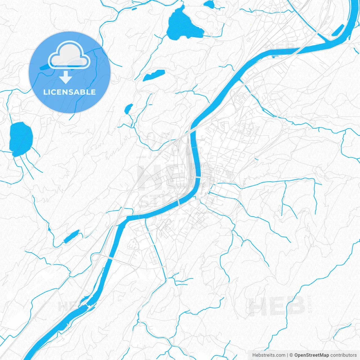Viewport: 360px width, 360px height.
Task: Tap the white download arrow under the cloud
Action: [66, 77]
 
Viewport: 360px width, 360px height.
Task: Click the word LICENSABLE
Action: [69, 92]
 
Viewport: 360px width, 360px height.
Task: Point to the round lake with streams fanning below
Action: [21, 139]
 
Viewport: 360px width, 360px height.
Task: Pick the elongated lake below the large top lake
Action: [154, 75]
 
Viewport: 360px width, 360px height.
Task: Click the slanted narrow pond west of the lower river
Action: [72, 236]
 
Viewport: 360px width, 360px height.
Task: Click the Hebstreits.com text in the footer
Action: [269, 355]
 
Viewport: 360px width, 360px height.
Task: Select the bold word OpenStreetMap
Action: [311, 355]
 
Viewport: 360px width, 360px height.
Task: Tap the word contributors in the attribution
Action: [343, 355]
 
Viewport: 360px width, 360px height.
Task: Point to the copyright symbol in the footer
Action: [291, 355]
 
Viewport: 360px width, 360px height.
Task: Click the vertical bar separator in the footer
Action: [287, 355]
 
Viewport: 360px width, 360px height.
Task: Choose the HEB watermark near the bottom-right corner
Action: [277, 306]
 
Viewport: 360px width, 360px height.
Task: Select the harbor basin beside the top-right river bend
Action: [338, 30]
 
